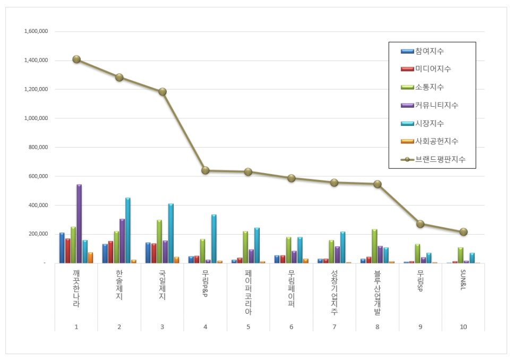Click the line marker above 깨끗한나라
(76, 59)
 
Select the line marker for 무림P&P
(206, 170)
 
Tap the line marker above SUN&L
(464, 232)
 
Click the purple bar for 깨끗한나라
(79, 224)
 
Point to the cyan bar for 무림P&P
(214, 238)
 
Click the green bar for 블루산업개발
(374, 246)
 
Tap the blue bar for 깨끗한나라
(62, 247)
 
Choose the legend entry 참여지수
(430, 52)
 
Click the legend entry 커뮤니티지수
(437, 105)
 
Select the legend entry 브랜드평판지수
(440, 159)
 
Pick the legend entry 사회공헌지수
(437, 141)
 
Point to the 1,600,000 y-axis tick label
(36, 31)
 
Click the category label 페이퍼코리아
(249, 293)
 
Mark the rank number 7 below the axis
(335, 327)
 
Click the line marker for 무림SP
(421, 224)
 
